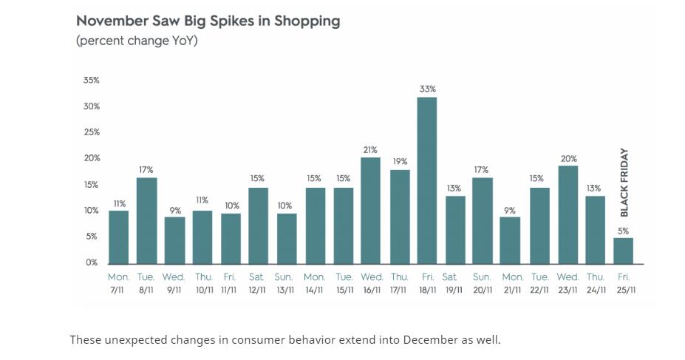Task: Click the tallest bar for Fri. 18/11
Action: (426, 180)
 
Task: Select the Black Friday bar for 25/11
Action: (623, 251)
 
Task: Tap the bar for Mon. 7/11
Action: (118, 237)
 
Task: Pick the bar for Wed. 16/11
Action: (371, 211)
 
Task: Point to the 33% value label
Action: (426, 89)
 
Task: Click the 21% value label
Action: (371, 150)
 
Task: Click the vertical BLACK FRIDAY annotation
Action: (624, 183)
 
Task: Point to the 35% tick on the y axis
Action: (91, 80)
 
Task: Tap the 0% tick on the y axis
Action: (92, 262)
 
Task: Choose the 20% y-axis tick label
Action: (91, 158)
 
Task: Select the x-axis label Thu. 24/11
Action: (595, 282)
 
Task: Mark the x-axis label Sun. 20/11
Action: (483, 282)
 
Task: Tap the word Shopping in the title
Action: (307, 21)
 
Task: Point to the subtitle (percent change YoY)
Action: (137, 41)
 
